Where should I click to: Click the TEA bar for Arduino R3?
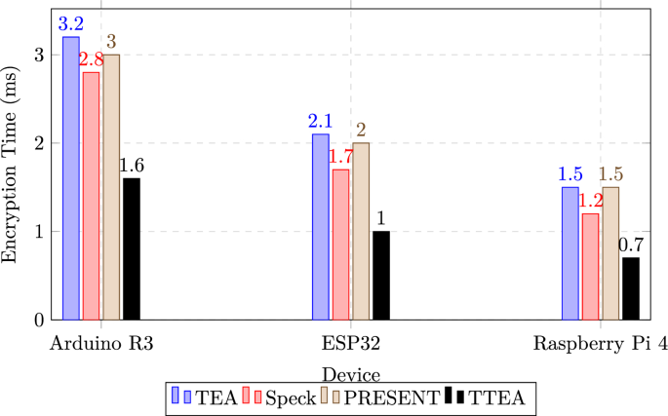pos(71,178)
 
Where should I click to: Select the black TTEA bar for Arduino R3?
pos(131,248)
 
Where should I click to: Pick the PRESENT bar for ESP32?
pos(361,231)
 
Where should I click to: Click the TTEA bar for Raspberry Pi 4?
pos(631,288)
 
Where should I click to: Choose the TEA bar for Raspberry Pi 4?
pos(570,253)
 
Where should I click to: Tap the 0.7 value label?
pos(631,245)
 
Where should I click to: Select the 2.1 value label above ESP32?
pos(321,121)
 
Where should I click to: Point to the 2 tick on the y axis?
pos(39,143)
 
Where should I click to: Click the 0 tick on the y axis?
pos(39,320)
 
